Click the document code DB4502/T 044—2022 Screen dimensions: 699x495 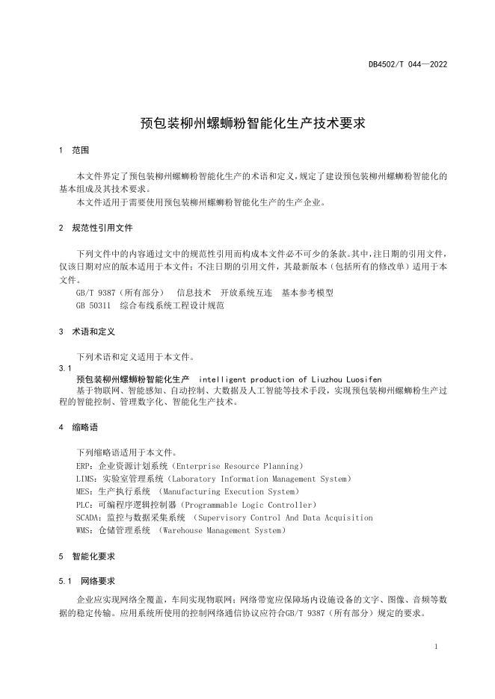coord(408,64)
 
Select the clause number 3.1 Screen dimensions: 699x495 coord(64,369)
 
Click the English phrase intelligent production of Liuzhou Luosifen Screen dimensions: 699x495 coord(290,379)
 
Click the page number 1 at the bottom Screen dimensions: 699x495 coord(435,647)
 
